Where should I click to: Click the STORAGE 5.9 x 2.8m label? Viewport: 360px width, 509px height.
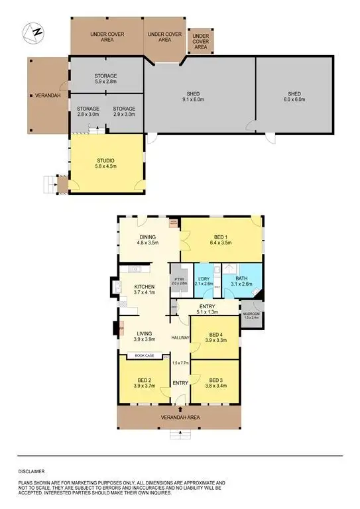tap(106, 79)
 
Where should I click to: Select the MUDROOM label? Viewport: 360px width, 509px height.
tap(251, 315)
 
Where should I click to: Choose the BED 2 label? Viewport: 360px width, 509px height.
tap(144, 382)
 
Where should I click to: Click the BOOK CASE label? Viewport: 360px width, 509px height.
tap(145, 356)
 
